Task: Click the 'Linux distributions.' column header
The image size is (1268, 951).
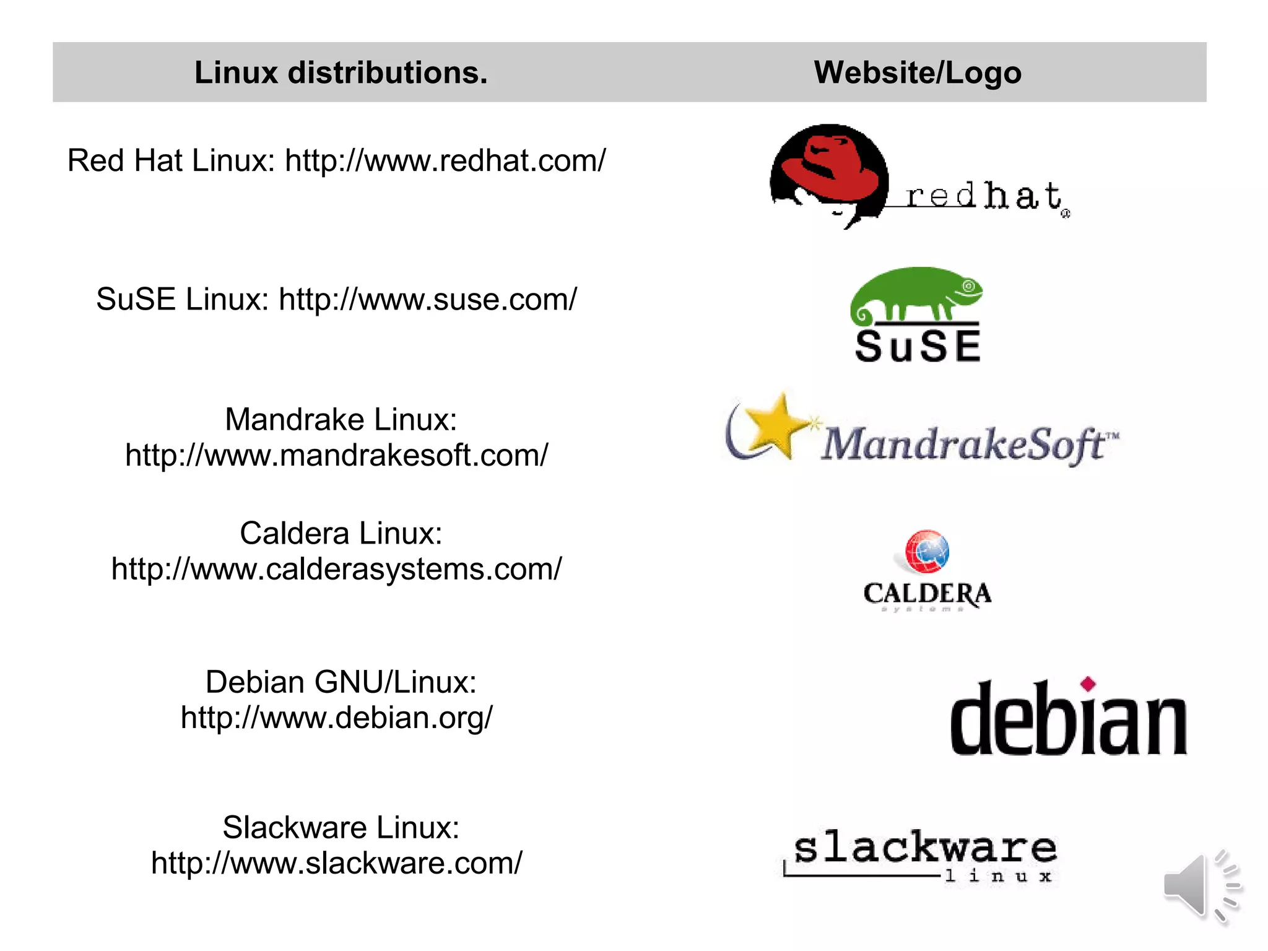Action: pyautogui.click(x=341, y=72)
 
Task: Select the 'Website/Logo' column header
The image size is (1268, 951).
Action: pyautogui.click(x=917, y=72)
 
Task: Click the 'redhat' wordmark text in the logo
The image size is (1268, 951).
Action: pyautogui.click(x=984, y=196)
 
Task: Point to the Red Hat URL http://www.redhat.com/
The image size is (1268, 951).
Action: pyautogui.click(x=445, y=160)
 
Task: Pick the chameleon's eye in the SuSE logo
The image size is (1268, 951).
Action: pyautogui.click(x=969, y=286)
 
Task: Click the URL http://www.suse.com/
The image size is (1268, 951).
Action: pyautogui.click(x=428, y=300)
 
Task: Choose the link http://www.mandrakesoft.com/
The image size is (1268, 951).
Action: pyautogui.click(x=337, y=456)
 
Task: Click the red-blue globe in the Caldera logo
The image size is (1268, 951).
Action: pyautogui.click(x=927, y=551)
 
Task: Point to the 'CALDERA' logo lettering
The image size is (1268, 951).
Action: pyautogui.click(x=927, y=594)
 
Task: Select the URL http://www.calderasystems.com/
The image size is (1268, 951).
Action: pyautogui.click(x=337, y=569)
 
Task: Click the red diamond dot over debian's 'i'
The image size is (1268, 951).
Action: pyautogui.click(x=1088, y=684)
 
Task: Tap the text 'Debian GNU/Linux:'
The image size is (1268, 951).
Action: pyautogui.click(x=341, y=682)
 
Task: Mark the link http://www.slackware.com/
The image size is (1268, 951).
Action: pyautogui.click(x=337, y=863)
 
